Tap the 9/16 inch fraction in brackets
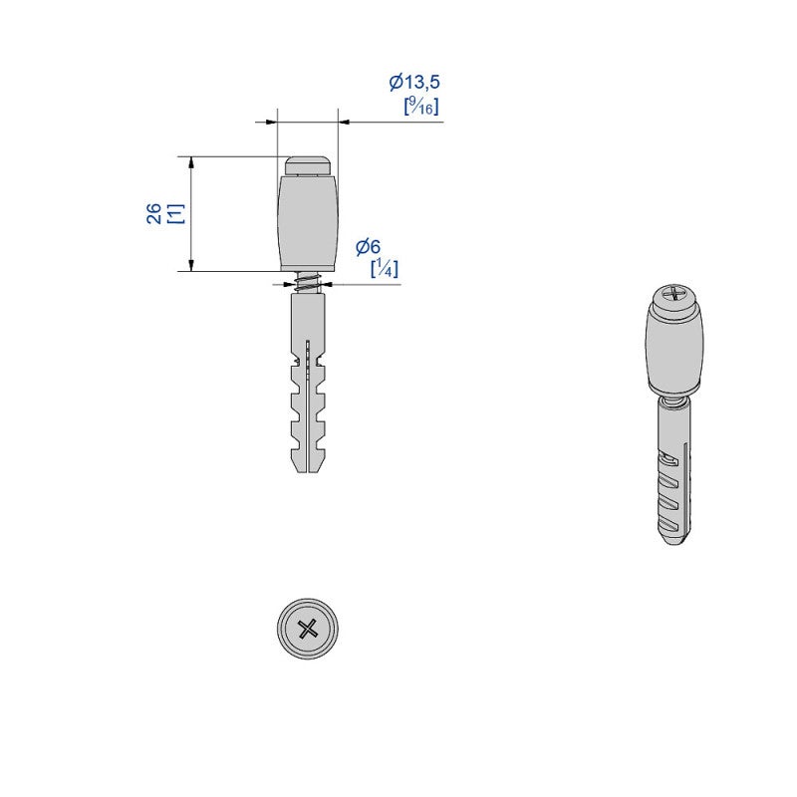(421, 106)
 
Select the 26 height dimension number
(154, 213)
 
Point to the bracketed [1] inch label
(173, 213)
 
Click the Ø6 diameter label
(368, 246)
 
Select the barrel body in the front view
(308, 220)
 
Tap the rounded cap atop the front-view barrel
(308, 163)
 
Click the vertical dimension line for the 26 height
(190, 213)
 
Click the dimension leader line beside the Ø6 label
(369, 284)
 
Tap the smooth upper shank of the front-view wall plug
(309, 319)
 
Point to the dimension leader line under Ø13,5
(398, 123)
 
